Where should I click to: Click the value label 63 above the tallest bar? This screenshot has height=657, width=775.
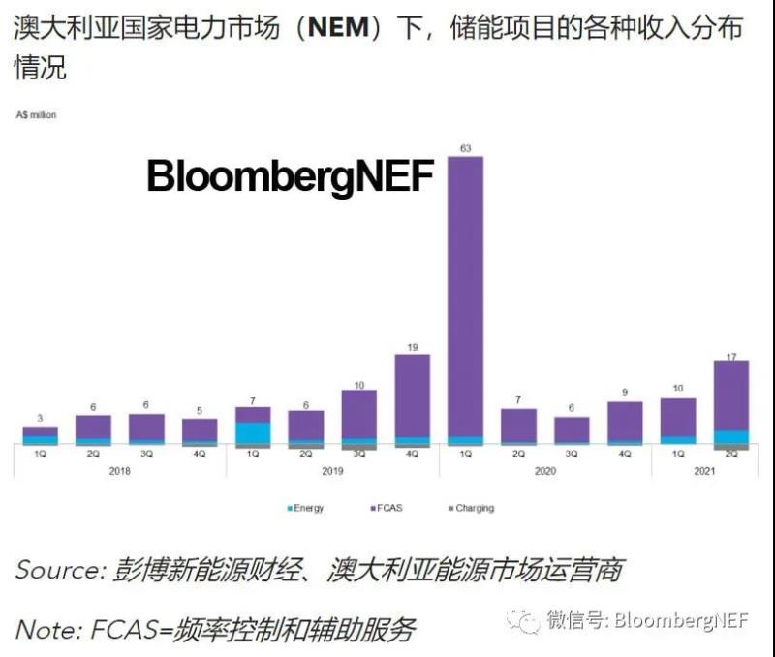click(465, 148)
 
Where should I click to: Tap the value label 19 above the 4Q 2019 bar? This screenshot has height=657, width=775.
click(412, 346)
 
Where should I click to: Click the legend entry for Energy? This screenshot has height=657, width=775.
click(306, 508)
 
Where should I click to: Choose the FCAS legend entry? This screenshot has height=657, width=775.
click(387, 508)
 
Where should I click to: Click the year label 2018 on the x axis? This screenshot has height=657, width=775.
click(120, 470)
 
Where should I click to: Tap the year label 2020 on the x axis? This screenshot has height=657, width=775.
click(545, 470)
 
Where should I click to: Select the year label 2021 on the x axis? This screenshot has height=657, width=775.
click(704, 470)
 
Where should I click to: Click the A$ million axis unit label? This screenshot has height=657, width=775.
click(36, 115)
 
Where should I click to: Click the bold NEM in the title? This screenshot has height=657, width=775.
click(338, 28)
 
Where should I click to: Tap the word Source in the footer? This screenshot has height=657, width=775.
click(56, 570)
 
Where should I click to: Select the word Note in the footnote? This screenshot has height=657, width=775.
click(44, 631)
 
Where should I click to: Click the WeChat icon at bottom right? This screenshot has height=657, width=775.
click(527, 620)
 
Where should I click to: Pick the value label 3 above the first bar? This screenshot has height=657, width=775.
click(41, 419)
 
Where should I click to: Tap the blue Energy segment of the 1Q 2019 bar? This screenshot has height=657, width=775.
click(253, 433)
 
